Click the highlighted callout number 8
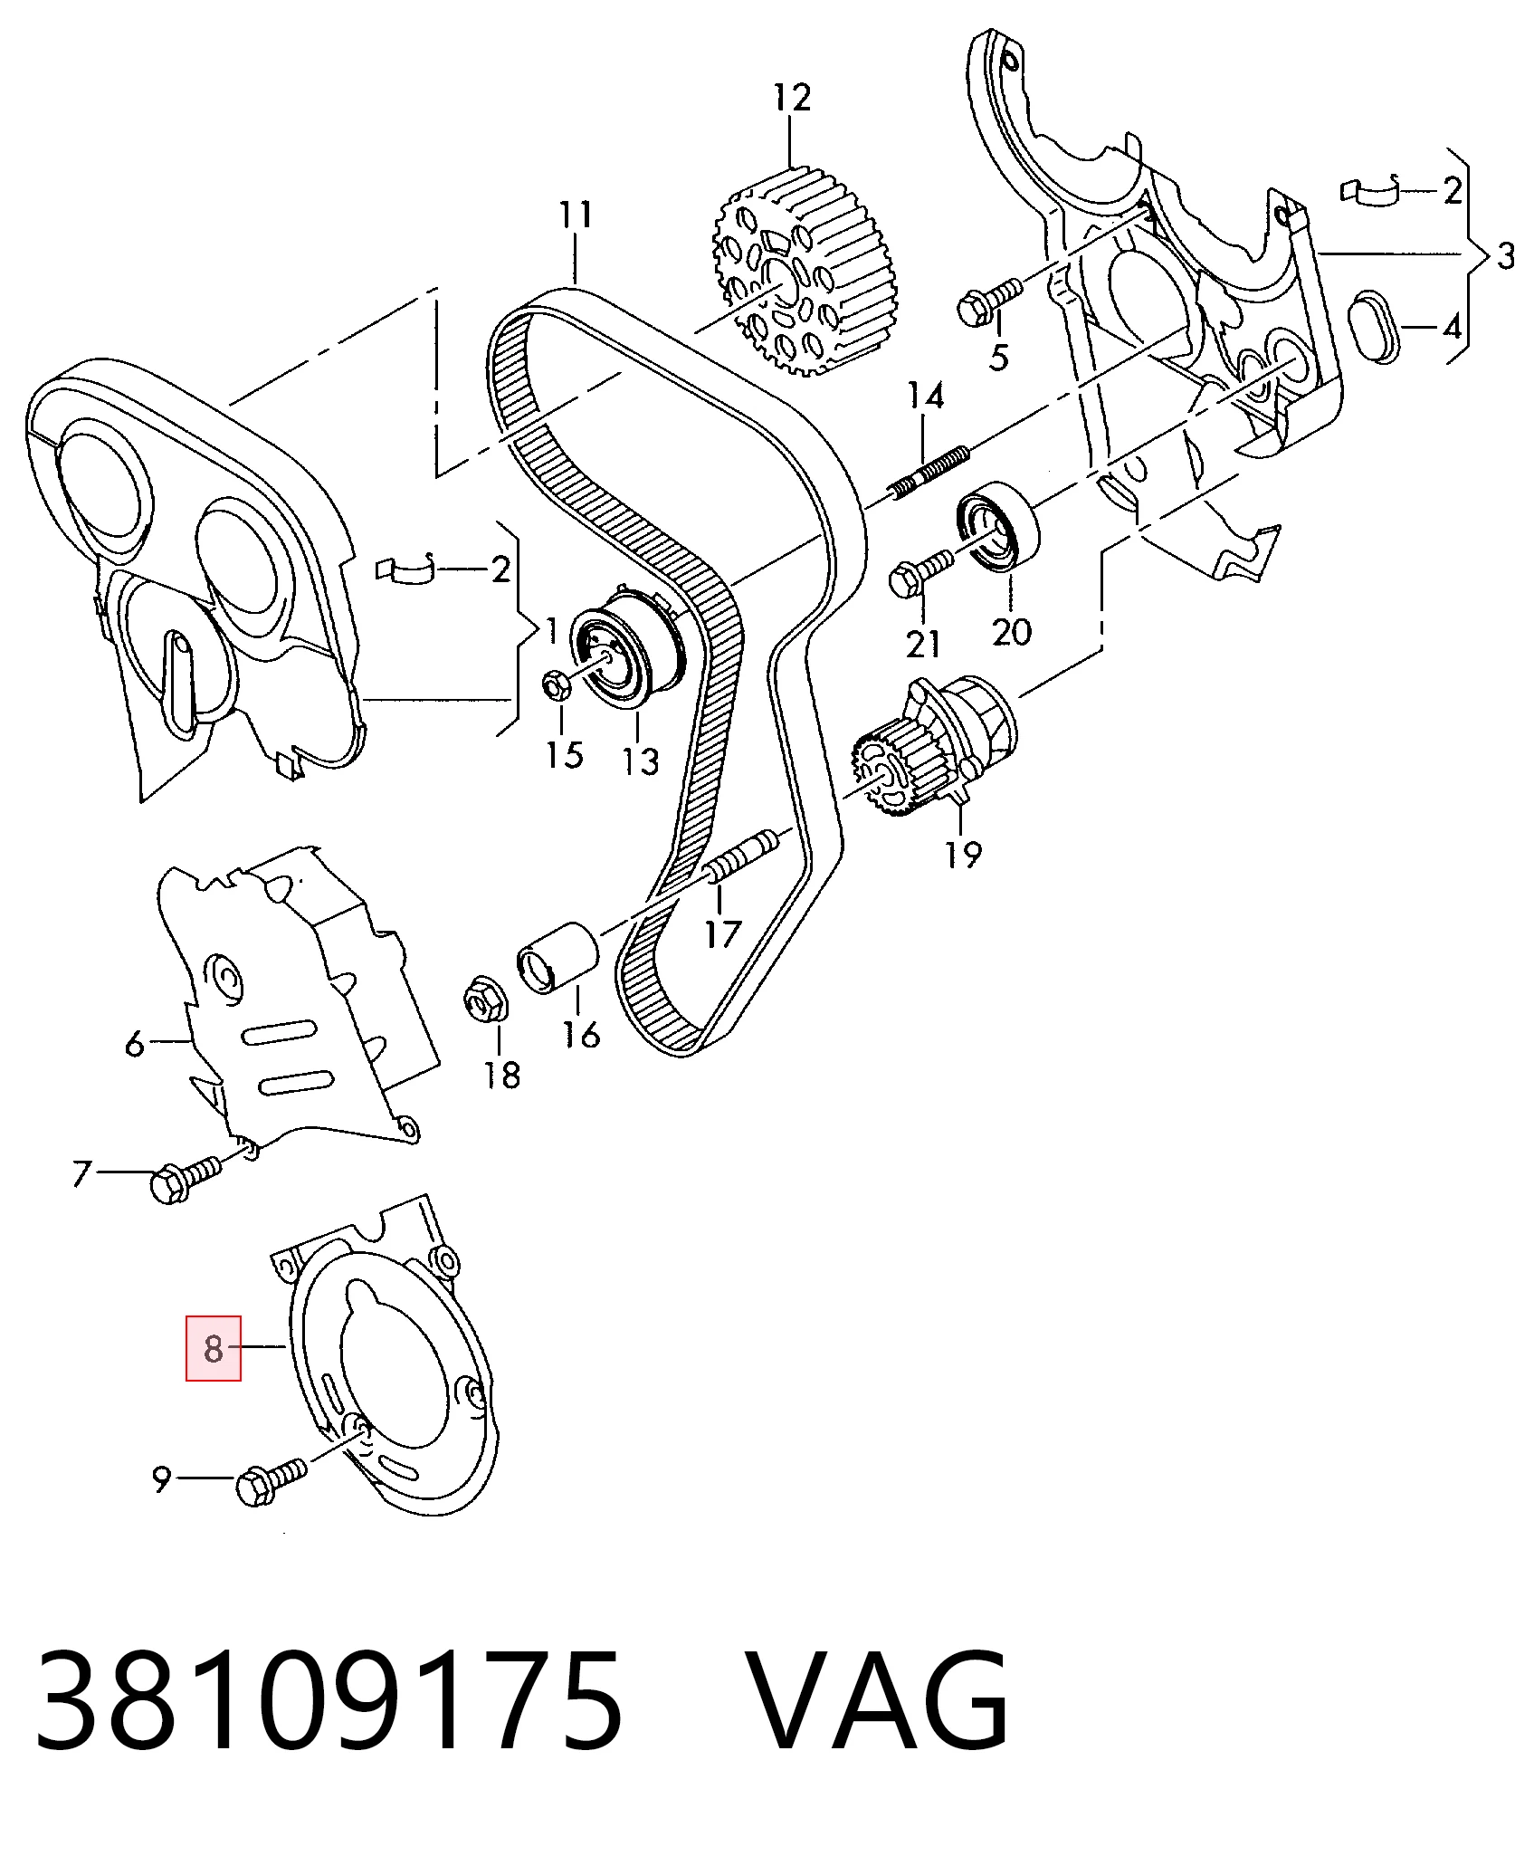(x=214, y=1348)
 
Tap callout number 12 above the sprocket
(x=792, y=97)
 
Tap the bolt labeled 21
(x=920, y=572)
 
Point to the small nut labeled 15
(x=556, y=685)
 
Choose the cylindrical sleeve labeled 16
(x=556, y=958)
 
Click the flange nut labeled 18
(x=486, y=1000)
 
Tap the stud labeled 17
(x=742, y=854)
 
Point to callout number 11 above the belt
(x=576, y=215)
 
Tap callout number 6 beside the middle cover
(x=134, y=1044)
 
